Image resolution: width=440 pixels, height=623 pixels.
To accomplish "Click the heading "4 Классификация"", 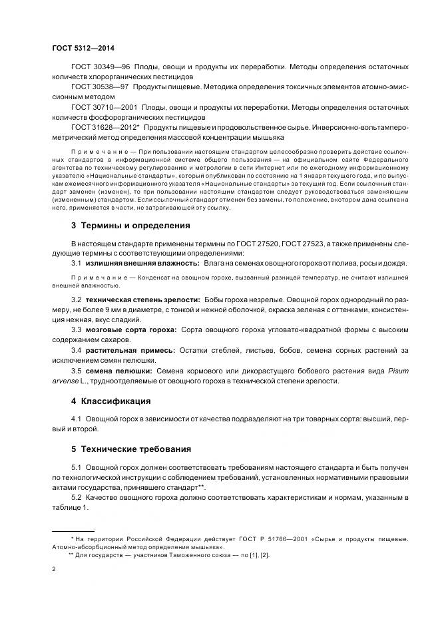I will point(111,401).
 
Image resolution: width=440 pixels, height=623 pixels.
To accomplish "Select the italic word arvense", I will point(64,380).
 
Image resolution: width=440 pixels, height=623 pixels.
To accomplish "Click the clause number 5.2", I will point(76,498).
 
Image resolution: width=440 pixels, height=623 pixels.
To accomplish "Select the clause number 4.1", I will point(76,419).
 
